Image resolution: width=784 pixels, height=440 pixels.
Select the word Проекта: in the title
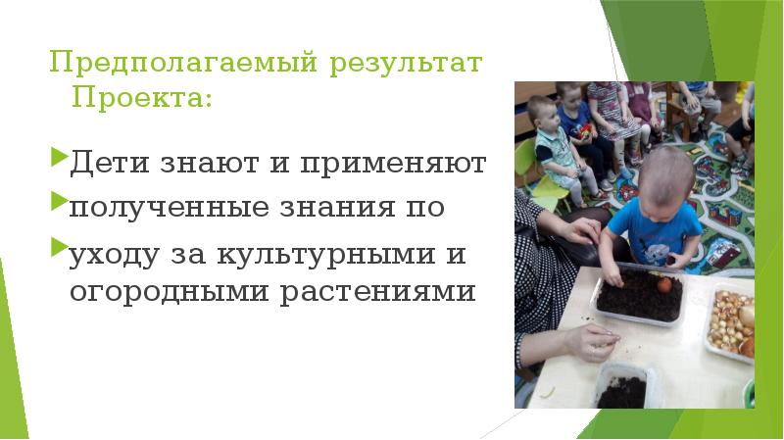[x=141, y=98]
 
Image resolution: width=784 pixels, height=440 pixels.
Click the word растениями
[x=380, y=293]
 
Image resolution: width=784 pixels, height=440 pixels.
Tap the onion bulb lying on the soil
[x=665, y=284]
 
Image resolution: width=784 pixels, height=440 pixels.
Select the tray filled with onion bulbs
[x=730, y=318]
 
